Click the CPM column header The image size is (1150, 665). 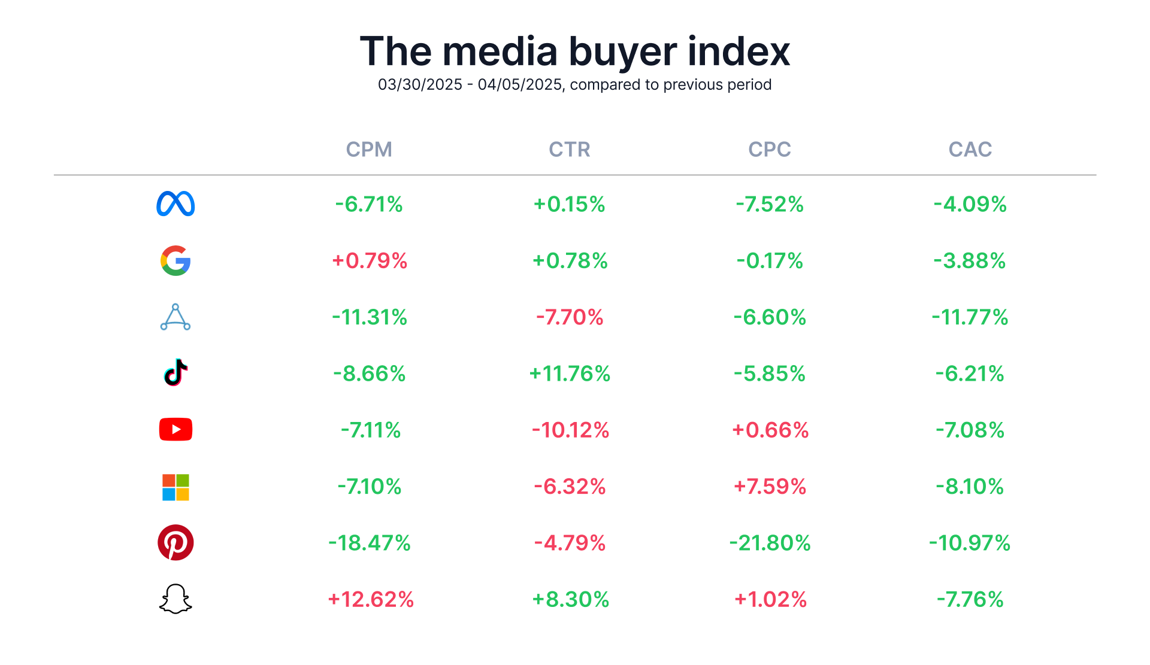[369, 149]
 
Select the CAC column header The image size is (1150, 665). [970, 149]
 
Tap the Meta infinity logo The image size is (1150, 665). [175, 204]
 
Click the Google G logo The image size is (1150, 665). [175, 260]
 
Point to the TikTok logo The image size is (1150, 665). [175, 373]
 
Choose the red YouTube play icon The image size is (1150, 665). [175, 429]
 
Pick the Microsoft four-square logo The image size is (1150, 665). [175, 487]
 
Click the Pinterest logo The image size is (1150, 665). [175, 543]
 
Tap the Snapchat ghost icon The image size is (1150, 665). [175, 599]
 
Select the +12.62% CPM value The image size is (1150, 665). [371, 599]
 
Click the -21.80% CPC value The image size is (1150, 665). [770, 543]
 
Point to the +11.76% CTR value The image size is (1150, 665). [570, 374]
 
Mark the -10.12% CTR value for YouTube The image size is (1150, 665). [570, 430]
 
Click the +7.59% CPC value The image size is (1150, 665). [770, 486]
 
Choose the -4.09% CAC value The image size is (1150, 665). [970, 204]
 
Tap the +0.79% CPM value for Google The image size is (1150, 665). [370, 260]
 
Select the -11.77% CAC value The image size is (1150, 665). [970, 317]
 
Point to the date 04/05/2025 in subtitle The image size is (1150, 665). [520, 84]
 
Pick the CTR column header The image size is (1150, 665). [570, 149]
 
